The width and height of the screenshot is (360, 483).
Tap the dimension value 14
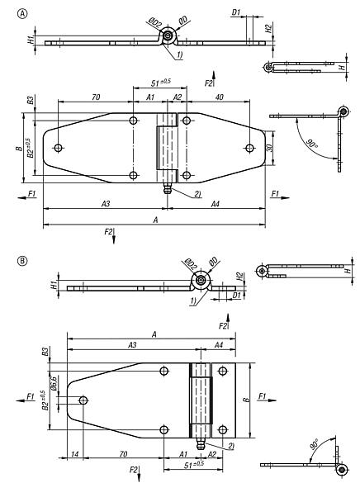75,453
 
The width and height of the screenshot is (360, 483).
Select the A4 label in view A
214,203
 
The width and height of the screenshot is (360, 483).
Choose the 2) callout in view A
198,193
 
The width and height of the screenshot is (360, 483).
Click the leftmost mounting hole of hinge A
58,149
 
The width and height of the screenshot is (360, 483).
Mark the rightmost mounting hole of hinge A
249,149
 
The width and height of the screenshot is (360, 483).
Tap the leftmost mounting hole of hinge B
83,400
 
